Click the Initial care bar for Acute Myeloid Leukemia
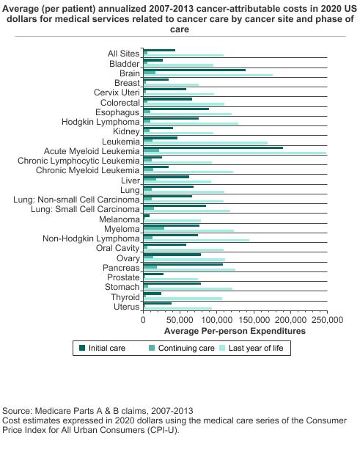pos(213,147)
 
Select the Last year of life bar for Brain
pos(208,75)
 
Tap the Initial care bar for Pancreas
pos(183,264)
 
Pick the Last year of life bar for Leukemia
pos(205,143)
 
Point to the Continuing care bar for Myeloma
pos(154,228)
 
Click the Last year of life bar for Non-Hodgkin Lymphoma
pos(196,240)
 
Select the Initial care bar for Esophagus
pos(176,109)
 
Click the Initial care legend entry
pos(102,348)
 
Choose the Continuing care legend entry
pos(182,348)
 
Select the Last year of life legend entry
pos(251,348)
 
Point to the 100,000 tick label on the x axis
pos(218,319)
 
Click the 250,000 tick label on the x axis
pos(328,319)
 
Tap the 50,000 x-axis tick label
pos(180,319)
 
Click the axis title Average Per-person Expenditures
pos(235,331)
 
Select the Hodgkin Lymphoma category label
pos(100,122)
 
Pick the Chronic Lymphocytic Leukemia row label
pos(78,161)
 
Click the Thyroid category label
pos(125,297)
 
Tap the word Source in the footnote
pos(17,411)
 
